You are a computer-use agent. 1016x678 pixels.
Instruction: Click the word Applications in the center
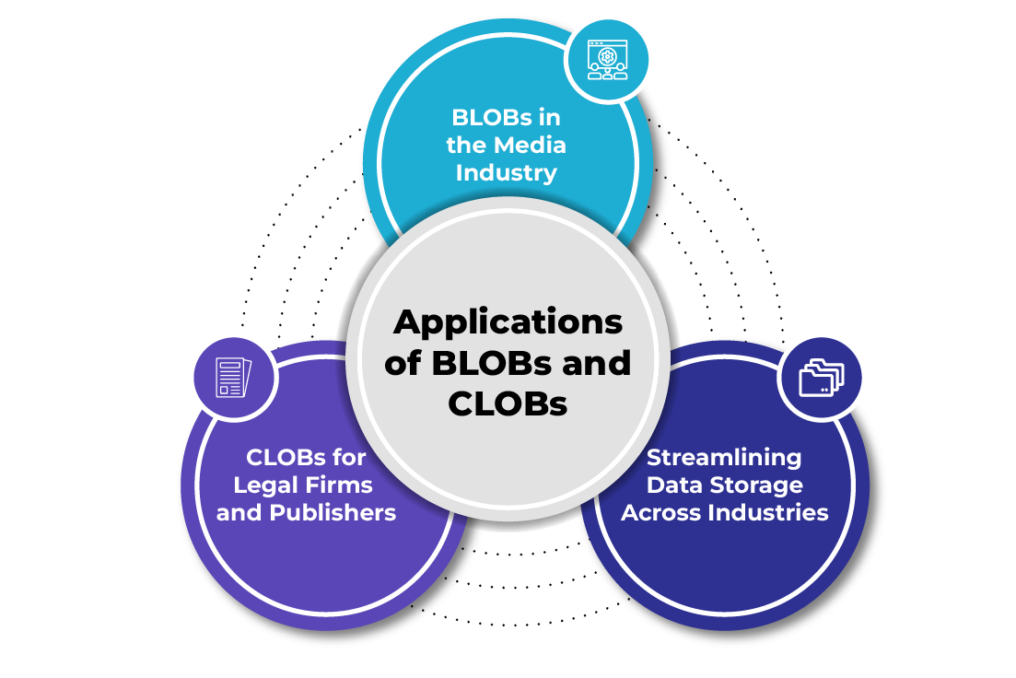click(508, 322)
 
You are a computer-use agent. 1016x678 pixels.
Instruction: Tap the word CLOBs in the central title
click(508, 403)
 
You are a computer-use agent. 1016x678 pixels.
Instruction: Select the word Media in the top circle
click(530, 145)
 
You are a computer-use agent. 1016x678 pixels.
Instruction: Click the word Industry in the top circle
click(506, 172)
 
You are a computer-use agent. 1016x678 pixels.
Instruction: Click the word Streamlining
click(724, 457)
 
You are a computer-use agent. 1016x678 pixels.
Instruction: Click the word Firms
click(342, 485)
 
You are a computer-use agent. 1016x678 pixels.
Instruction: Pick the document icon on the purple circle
click(233, 378)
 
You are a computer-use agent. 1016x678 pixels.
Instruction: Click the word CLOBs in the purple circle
click(280, 457)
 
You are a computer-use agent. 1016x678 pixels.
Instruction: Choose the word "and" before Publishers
click(239, 512)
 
